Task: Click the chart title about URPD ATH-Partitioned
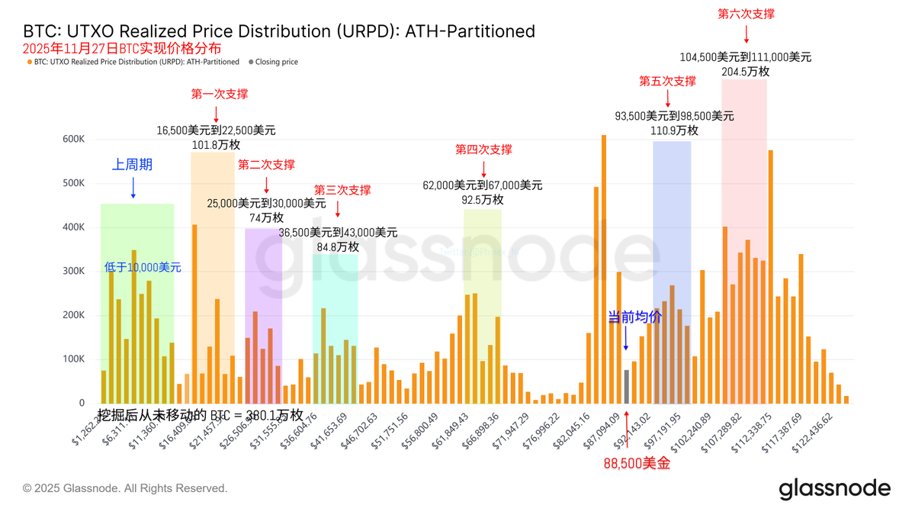(279, 31)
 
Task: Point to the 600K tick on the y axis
(74, 139)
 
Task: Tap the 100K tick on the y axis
(74, 359)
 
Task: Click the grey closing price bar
(626, 386)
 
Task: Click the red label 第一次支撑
(219, 94)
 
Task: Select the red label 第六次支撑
(746, 14)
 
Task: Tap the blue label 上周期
(133, 164)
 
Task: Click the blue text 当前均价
(634, 317)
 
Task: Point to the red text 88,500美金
(637, 463)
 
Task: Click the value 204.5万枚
(745, 71)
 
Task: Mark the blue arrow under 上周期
(133, 188)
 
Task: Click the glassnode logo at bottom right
(834, 488)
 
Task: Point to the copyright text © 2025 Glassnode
(125, 488)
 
